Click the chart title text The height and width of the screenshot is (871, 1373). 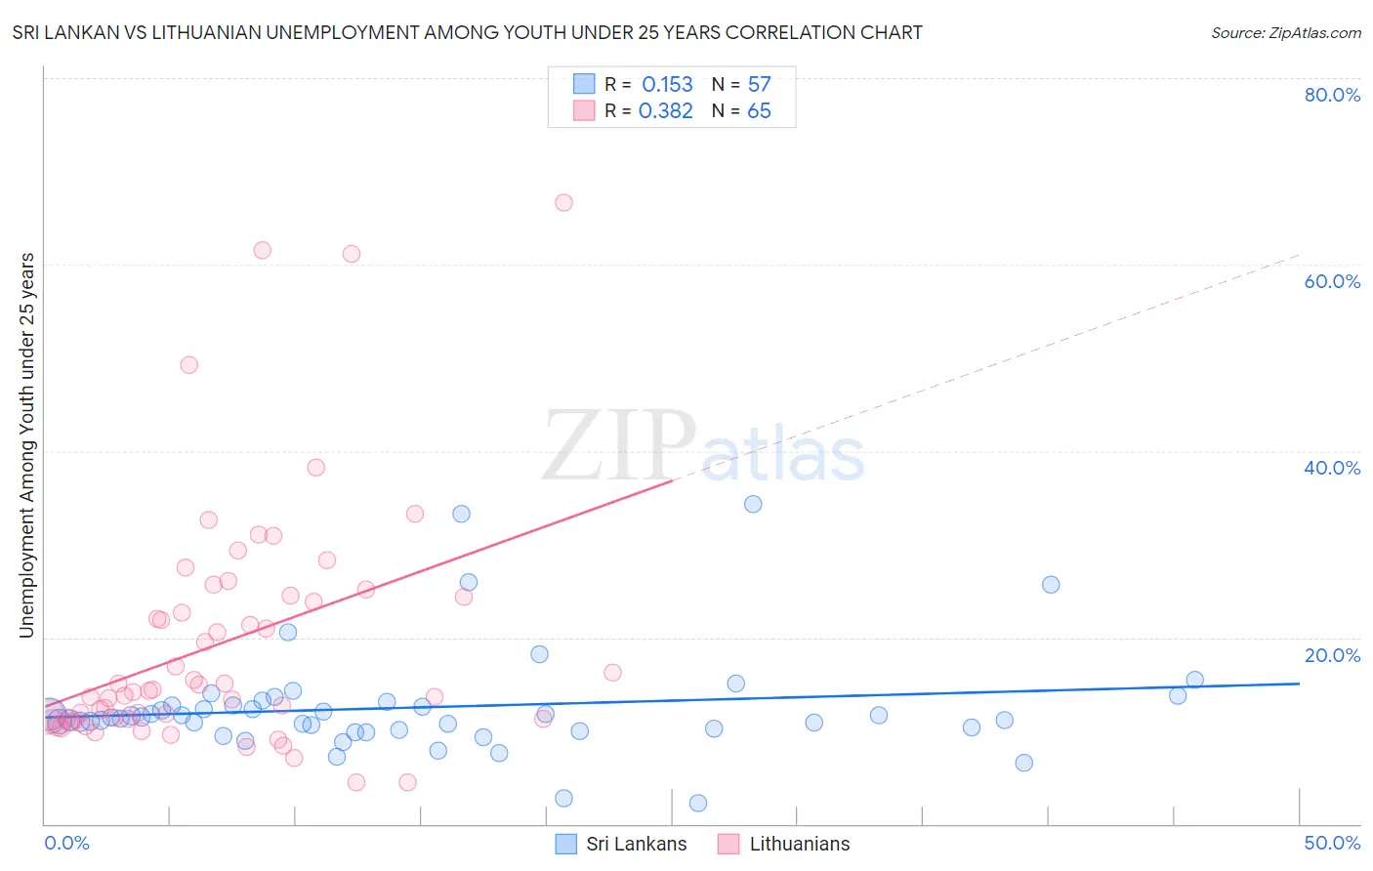pyautogui.click(x=467, y=32)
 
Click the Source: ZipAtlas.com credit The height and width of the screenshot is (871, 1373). pyautogui.click(x=1285, y=32)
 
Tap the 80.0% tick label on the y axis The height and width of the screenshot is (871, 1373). pyautogui.click(x=1332, y=95)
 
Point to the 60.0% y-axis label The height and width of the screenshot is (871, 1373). pyautogui.click(x=1332, y=281)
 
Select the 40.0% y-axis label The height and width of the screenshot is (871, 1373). pyautogui.click(x=1332, y=468)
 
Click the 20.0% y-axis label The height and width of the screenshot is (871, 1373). pyautogui.click(x=1332, y=655)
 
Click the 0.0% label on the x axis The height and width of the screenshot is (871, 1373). pyautogui.click(x=66, y=843)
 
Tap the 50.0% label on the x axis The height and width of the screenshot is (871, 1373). pyautogui.click(x=1332, y=843)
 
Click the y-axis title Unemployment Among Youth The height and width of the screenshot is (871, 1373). pyautogui.click(x=27, y=445)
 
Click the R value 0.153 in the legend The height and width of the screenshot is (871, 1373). pyautogui.click(x=667, y=85)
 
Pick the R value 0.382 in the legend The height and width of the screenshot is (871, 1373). pyautogui.click(x=666, y=111)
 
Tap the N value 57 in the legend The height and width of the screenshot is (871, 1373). pyautogui.click(x=759, y=85)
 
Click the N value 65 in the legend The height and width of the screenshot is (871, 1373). pyautogui.click(x=759, y=111)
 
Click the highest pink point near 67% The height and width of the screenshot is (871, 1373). pyautogui.click(x=563, y=203)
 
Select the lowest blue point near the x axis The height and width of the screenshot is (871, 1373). pyautogui.click(x=698, y=803)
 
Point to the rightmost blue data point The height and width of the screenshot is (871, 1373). pyautogui.click(x=1194, y=680)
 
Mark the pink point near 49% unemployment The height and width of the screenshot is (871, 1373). pyautogui.click(x=189, y=365)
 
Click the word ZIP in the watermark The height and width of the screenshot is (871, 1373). pyautogui.click(x=618, y=446)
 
